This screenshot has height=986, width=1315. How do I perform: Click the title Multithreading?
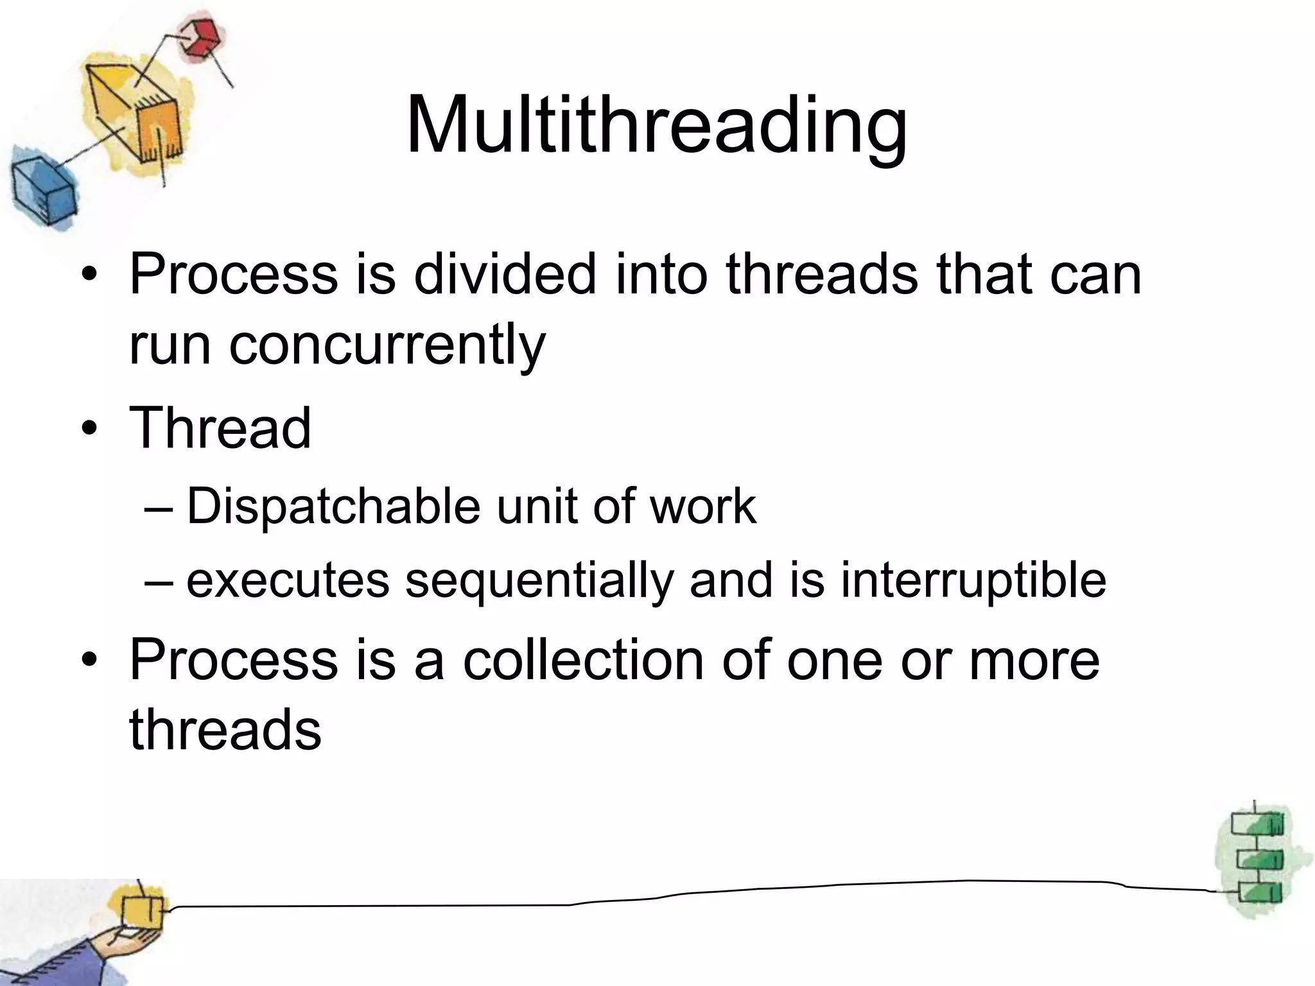(656, 125)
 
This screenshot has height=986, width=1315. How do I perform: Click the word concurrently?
(337, 345)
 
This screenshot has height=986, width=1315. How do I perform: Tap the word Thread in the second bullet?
(220, 428)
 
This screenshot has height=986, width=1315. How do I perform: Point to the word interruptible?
(973, 580)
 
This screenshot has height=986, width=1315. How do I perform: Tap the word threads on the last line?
(225, 729)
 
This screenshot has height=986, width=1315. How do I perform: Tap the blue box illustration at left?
(42, 190)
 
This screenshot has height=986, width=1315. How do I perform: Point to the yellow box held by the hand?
(142, 911)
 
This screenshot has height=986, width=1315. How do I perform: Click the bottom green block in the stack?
(1258, 893)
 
